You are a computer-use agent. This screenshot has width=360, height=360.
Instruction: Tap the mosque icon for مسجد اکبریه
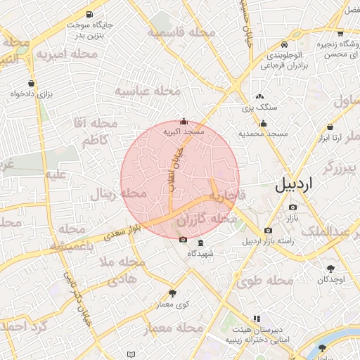tap(184, 121)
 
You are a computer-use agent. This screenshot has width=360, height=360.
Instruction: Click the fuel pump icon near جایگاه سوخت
tap(89, 15)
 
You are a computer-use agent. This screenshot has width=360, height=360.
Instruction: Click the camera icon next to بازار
tap(292, 207)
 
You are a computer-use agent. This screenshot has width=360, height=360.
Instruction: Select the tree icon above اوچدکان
tap(330, 269)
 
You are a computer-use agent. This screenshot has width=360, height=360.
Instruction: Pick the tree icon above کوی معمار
tap(173, 293)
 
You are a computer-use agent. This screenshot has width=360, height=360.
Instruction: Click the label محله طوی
tap(265, 281)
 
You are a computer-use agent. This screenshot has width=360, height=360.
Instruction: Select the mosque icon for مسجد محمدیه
tap(263, 124)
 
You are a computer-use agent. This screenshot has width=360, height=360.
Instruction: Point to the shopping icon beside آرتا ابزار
tap(330, 127)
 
